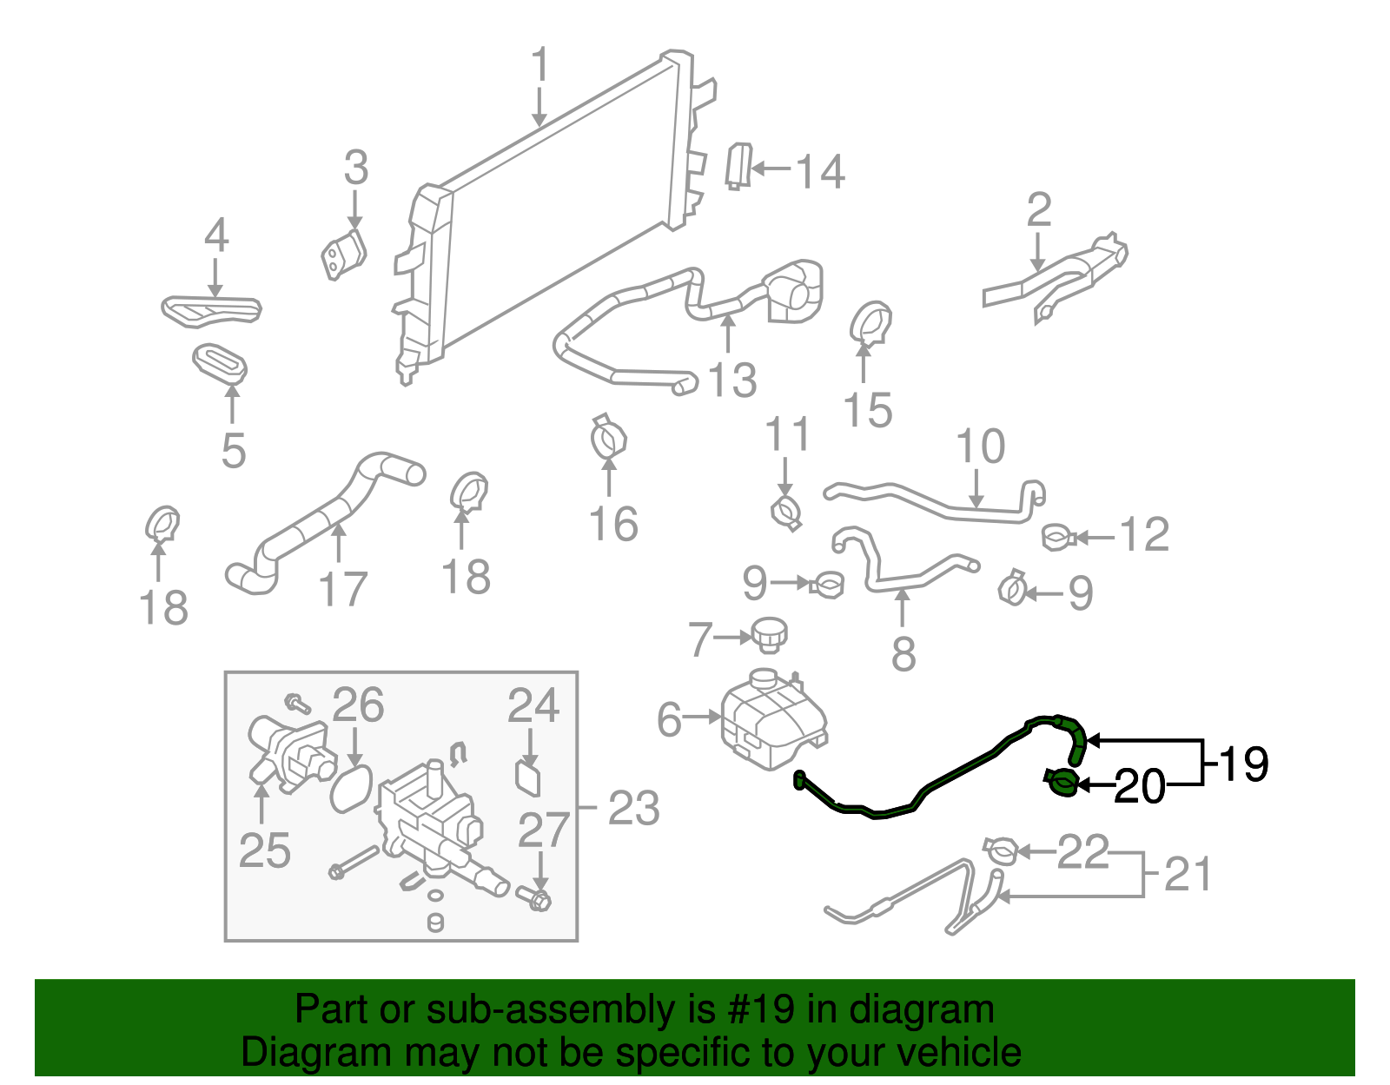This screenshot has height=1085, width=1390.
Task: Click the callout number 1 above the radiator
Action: (x=540, y=66)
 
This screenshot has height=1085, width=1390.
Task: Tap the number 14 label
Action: (x=820, y=172)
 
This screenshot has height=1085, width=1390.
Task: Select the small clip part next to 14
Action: (x=738, y=166)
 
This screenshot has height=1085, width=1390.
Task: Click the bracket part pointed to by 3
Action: (x=344, y=255)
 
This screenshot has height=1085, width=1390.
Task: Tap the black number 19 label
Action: (x=1244, y=764)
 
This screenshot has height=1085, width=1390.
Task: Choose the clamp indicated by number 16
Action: (x=609, y=439)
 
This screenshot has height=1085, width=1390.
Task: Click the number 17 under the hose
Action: (x=343, y=590)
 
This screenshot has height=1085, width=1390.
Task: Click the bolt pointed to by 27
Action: (x=536, y=898)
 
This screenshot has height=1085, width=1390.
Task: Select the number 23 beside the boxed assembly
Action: (x=634, y=809)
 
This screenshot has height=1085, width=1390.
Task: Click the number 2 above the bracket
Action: (x=1039, y=210)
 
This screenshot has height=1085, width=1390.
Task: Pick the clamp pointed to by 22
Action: (x=1000, y=850)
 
